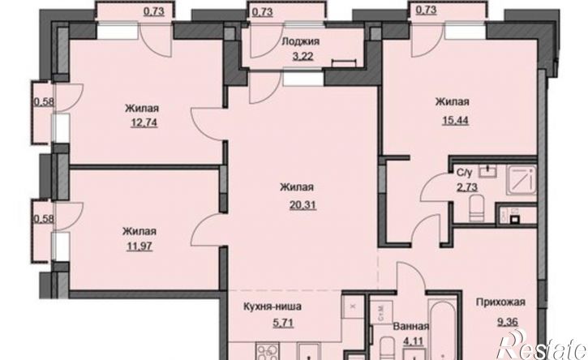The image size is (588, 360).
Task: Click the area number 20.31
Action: pyautogui.click(x=303, y=205)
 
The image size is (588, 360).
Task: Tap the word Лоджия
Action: pyautogui.click(x=300, y=41)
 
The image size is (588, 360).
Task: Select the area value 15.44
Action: pyautogui.click(x=456, y=121)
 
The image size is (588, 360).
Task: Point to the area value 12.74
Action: pyautogui.click(x=144, y=122)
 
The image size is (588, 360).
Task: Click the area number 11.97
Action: pyautogui.click(x=139, y=246)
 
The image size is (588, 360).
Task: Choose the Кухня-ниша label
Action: pyautogui.click(x=273, y=306)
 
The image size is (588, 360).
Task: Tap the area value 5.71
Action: pyautogui.click(x=283, y=322)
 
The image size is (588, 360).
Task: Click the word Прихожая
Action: pyautogui.click(x=500, y=302)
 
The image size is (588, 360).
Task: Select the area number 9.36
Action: pyautogui.click(x=509, y=322)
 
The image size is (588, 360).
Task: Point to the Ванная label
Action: pyautogui.click(x=411, y=327)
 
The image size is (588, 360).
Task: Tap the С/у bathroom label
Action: pyautogui.click(x=464, y=173)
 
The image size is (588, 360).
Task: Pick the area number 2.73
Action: pyautogui.click(x=467, y=187)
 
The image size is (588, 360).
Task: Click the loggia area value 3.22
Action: pyautogui.click(x=303, y=57)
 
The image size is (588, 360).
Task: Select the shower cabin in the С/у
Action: pyautogui.click(x=521, y=180)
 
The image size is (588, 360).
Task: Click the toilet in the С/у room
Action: pyautogui.click(x=478, y=209)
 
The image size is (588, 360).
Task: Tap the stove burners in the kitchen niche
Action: pyautogui.click(x=266, y=352)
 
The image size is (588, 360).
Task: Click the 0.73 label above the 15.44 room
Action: pyautogui.click(x=427, y=10)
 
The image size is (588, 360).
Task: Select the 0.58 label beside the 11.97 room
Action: pyautogui.click(x=44, y=219)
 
